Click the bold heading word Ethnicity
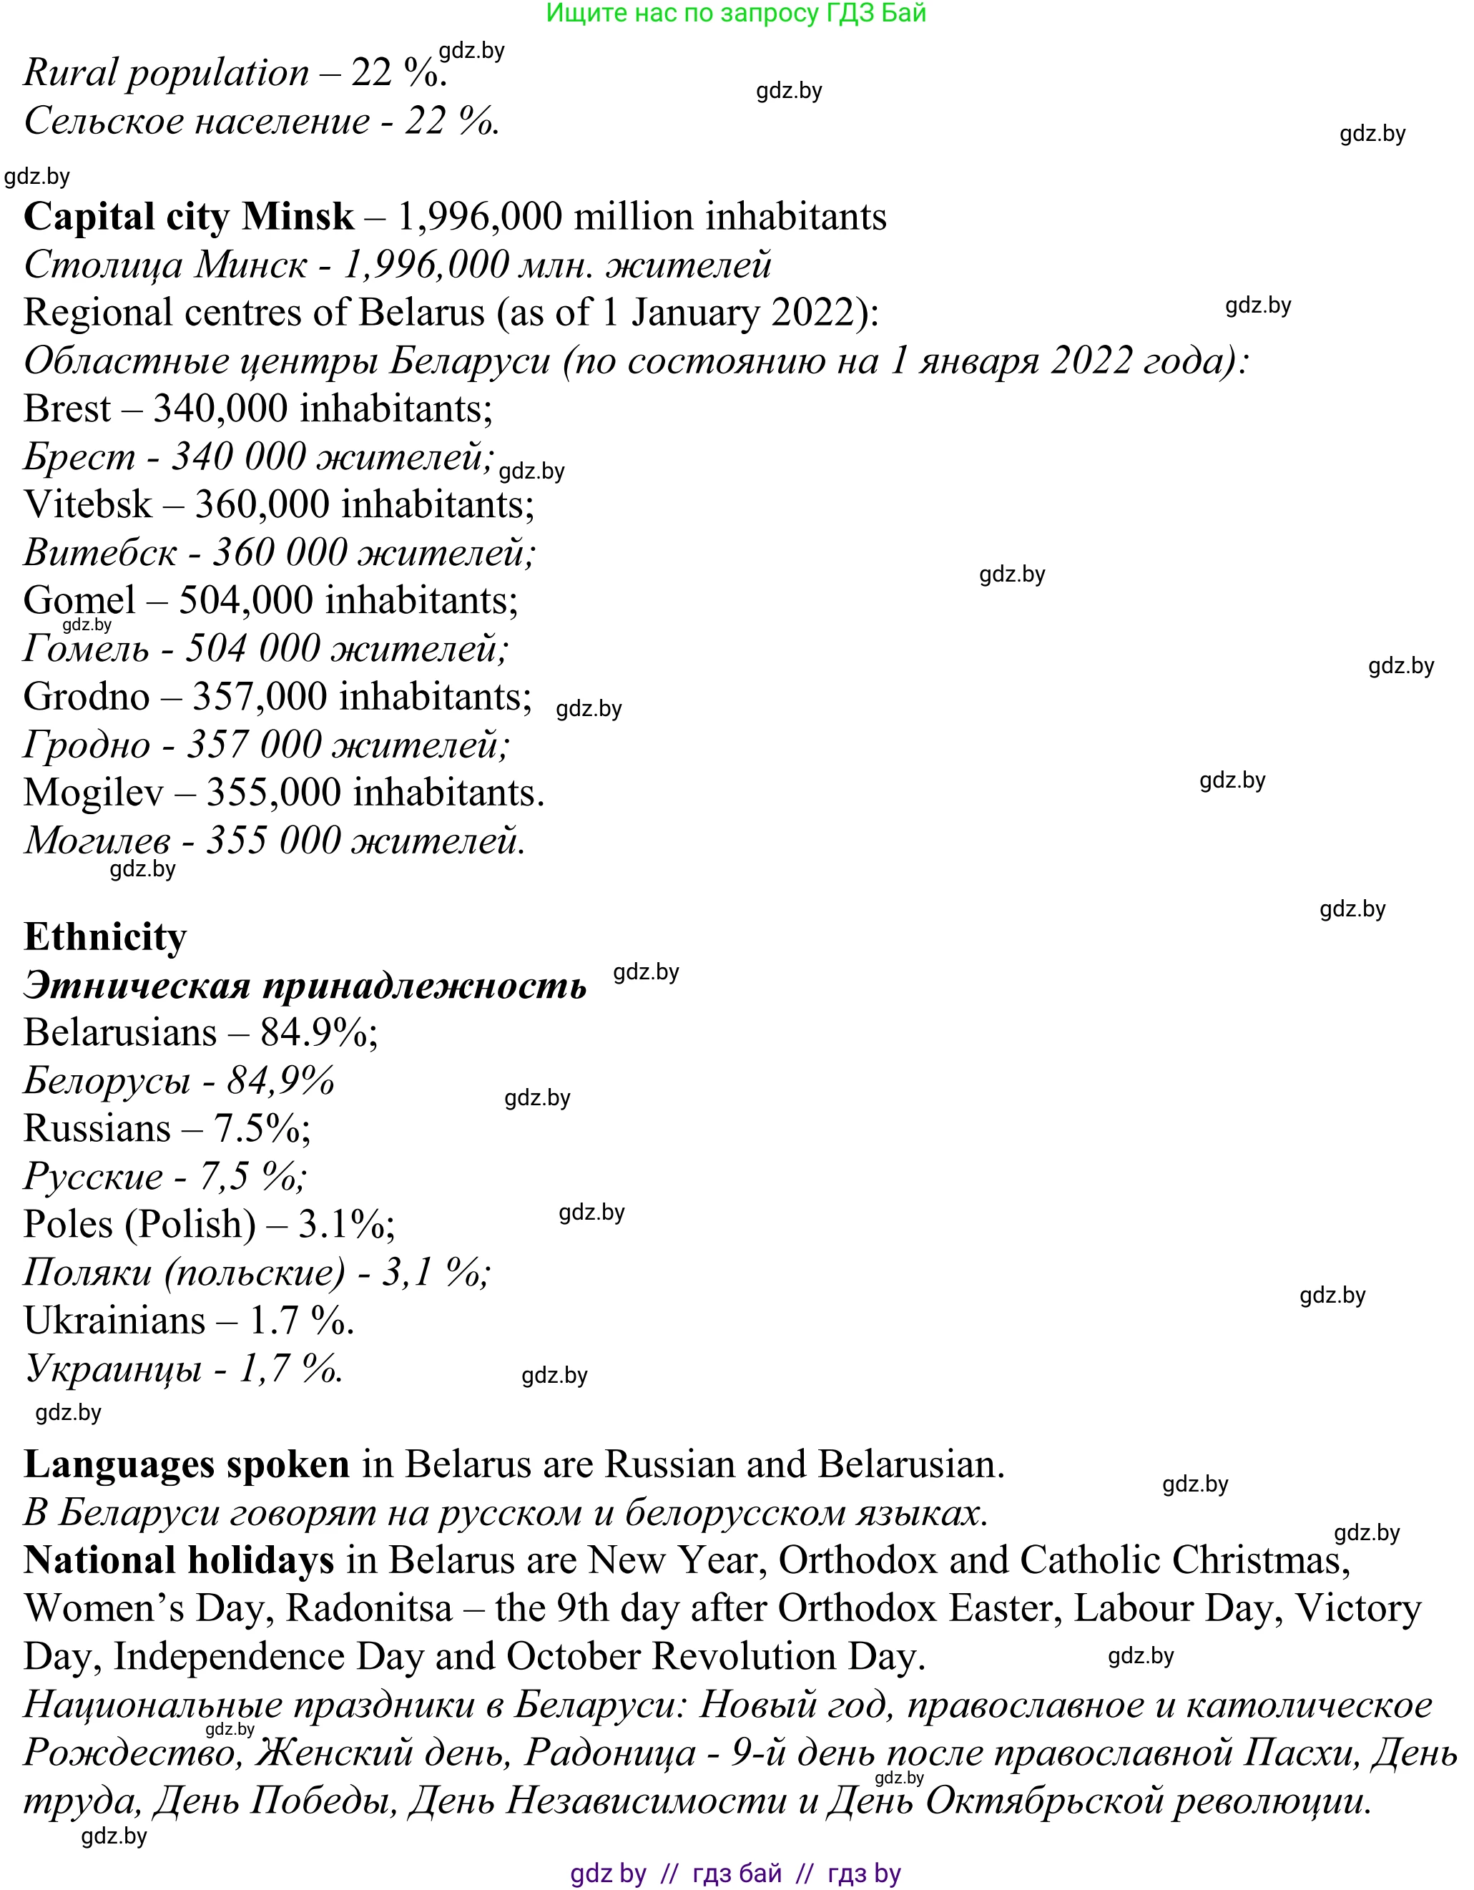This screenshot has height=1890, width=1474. [104, 937]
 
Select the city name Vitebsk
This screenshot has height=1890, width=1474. [87, 505]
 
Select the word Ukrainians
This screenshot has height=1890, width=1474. [115, 1321]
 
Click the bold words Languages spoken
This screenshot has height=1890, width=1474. [187, 1465]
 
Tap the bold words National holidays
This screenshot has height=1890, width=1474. [179, 1561]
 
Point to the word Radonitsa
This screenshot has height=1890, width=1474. [369, 1610]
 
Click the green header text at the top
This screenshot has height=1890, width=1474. [736, 13]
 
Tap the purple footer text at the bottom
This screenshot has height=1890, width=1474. [736, 1874]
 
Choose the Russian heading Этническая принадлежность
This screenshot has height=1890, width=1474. [305, 986]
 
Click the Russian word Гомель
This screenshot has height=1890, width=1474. [87, 649]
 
